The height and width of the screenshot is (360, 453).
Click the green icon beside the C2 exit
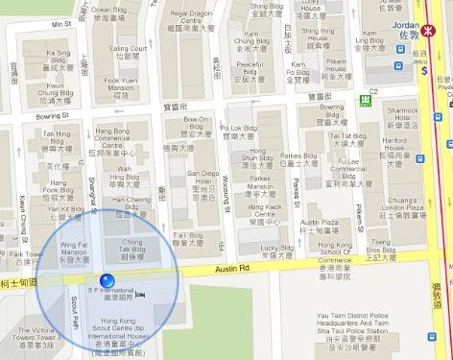[365, 99]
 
